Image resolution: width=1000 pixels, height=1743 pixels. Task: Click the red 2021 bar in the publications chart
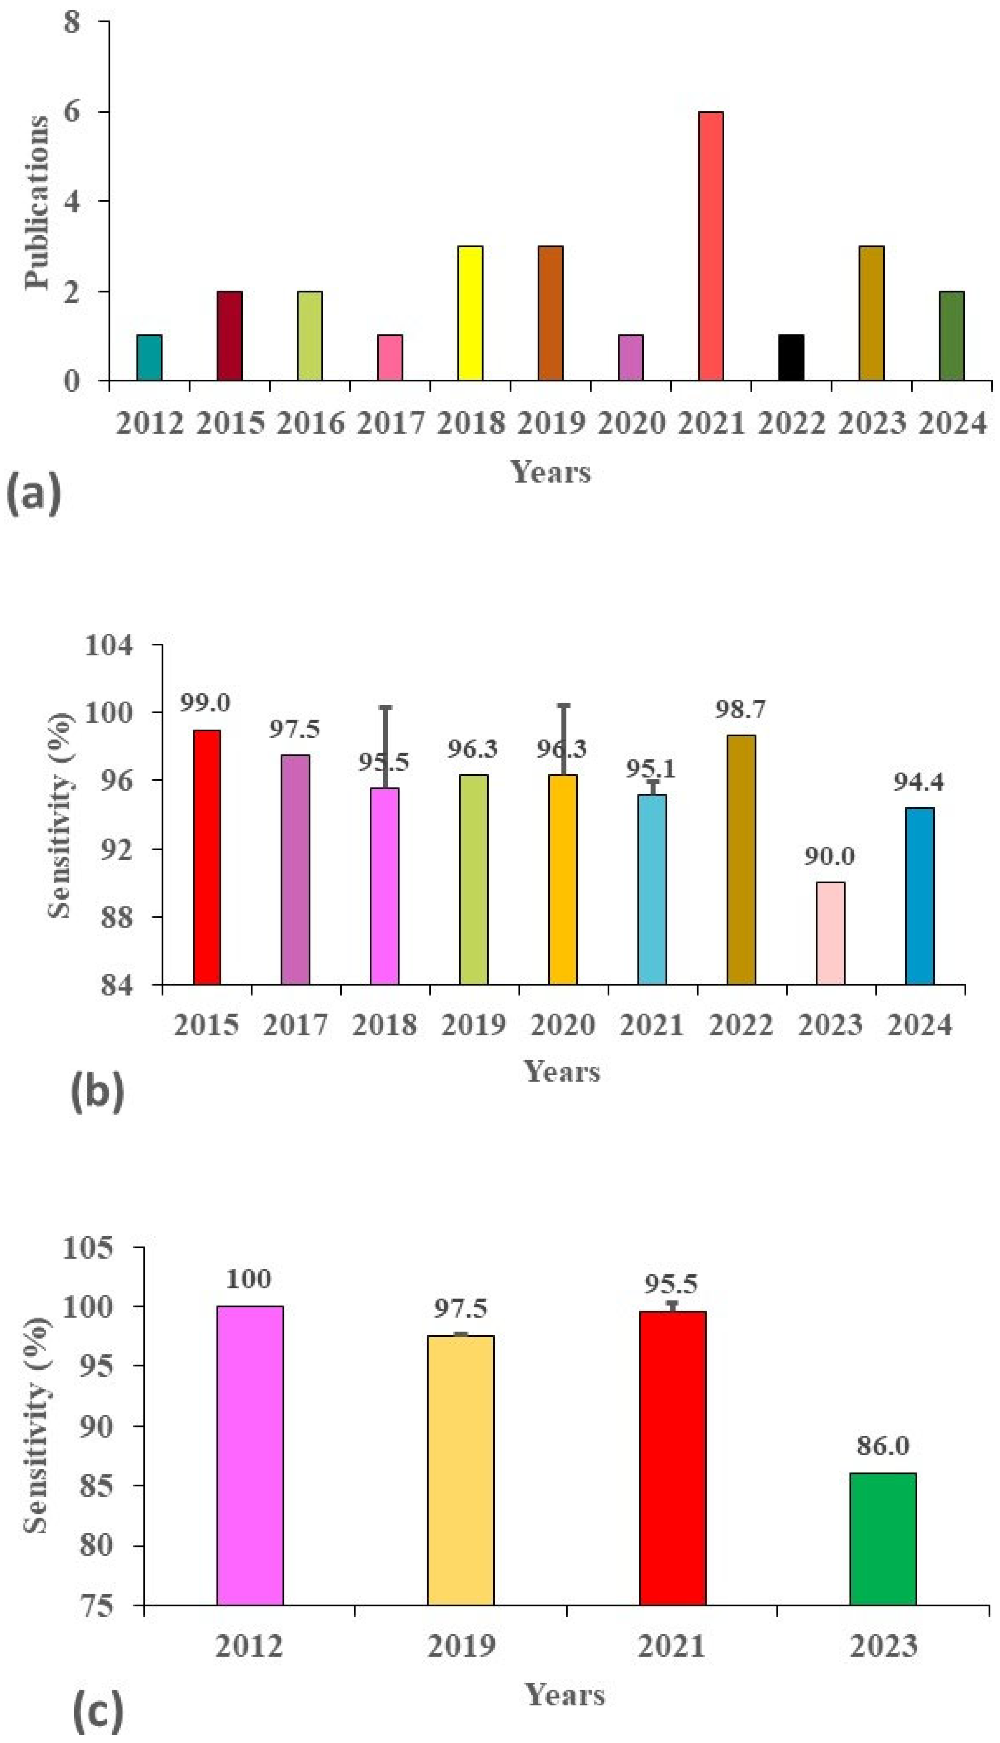[x=711, y=246]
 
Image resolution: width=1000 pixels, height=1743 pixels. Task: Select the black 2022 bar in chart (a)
[x=791, y=358]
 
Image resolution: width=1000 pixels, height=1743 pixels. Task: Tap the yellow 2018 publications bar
[x=471, y=313]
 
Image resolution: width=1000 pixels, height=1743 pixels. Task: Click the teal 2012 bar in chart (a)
[x=149, y=358]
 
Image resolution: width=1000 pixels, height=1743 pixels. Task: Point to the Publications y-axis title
[x=37, y=203]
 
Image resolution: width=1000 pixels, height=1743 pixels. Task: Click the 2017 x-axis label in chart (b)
[x=295, y=1026]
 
